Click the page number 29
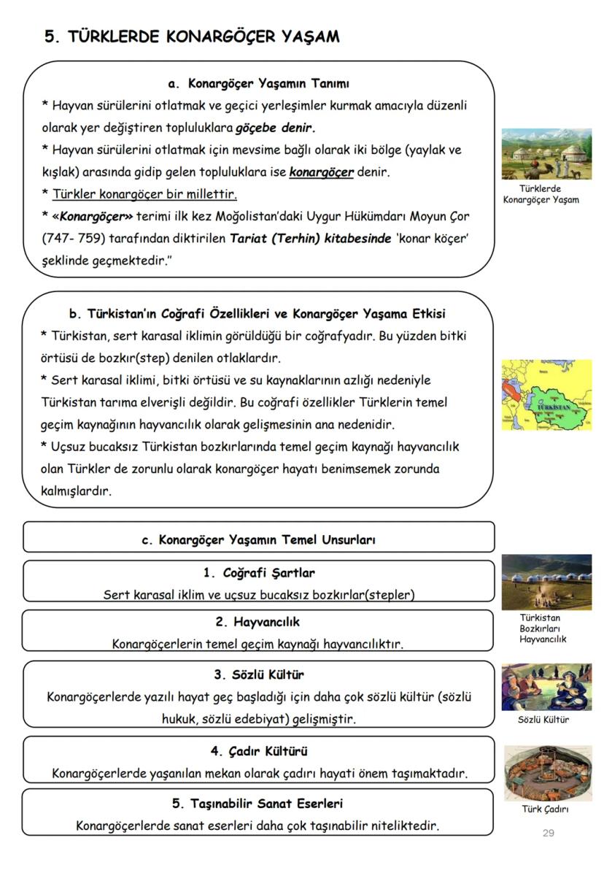pos(549,833)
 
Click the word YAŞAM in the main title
pos(306,36)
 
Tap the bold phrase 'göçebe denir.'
pos(275,128)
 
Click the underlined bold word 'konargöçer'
pos(321,173)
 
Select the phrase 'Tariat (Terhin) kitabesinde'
pos(311,239)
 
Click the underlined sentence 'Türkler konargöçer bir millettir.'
pos(144,195)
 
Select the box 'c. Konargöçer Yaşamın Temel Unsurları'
pos(258,541)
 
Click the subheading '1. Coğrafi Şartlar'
pos(258,573)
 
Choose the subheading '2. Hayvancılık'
pos(258,622)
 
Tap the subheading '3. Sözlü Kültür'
pos(258,674)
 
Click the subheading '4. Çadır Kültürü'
pos(258,750)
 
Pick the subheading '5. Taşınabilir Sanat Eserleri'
pos(258,804)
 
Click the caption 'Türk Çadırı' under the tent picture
pos(546,809)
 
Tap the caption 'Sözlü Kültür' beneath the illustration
pos(543,720)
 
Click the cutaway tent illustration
pos(546,773)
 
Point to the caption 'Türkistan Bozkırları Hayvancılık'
pos(543,628)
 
